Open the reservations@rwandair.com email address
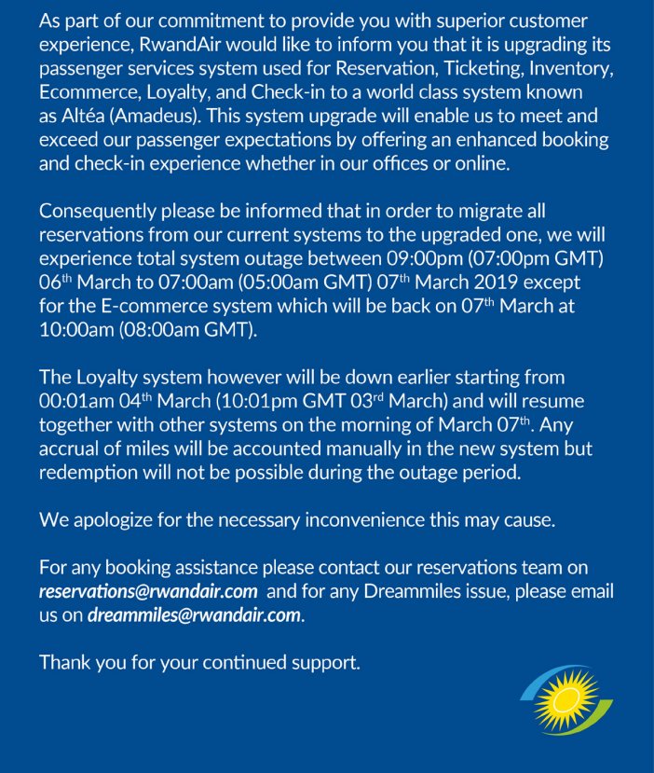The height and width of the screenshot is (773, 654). point(148,592)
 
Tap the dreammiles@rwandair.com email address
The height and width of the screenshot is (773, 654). point(194,616)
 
